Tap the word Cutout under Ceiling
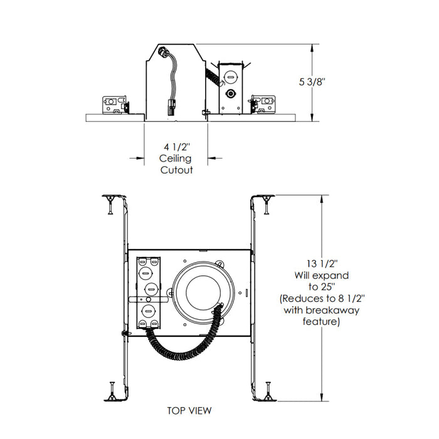(x=176, y=170)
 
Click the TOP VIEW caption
(x=189, y=411)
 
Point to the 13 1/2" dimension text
(x=312, y=263)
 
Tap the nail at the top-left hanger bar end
(x=110, y=202)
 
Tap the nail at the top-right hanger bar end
(x=269, y=202)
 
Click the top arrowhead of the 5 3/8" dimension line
(x=313, y=48)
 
